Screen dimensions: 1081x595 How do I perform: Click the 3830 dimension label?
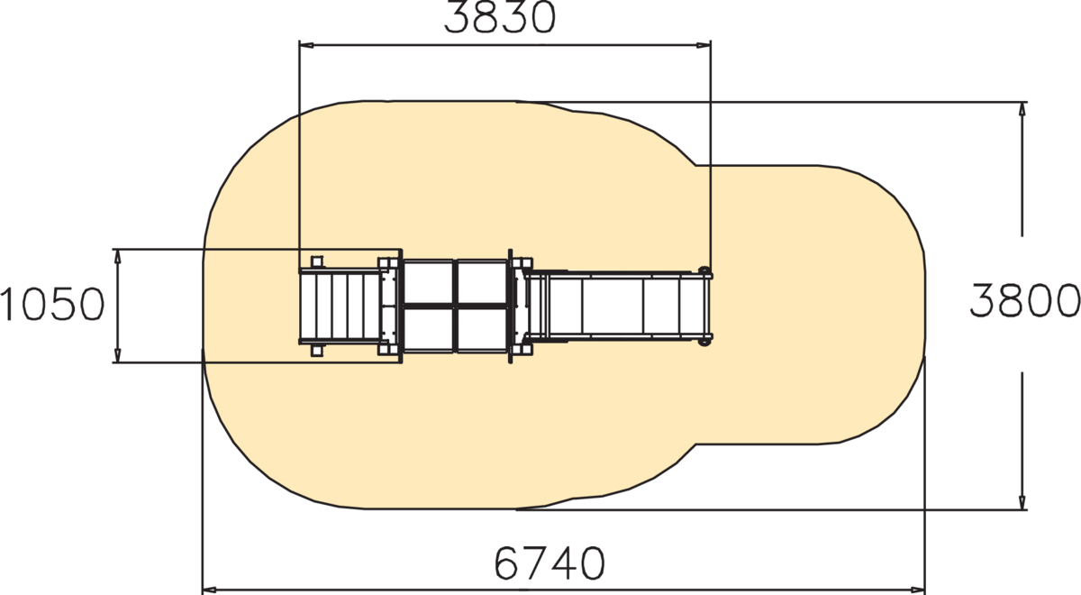click(x=500, y=18)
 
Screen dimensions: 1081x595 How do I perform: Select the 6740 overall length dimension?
click(x=550, y=563)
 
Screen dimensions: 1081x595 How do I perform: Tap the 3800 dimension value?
click(x=1025, y=300)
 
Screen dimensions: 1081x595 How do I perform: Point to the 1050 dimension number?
click(x=52, y=305)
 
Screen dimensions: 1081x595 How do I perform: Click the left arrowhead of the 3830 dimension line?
click(x=306, y=45)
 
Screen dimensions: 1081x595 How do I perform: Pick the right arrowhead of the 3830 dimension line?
click(x=704, y=45)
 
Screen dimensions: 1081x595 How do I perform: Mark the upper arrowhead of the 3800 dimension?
click(x=1022, y=109)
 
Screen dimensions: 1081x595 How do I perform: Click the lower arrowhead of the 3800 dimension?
click(x=1022, y=502)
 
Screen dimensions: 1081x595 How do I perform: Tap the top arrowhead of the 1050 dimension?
click(x=118, y=257)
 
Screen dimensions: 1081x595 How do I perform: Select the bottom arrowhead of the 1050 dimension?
click(x=118, y=355)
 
